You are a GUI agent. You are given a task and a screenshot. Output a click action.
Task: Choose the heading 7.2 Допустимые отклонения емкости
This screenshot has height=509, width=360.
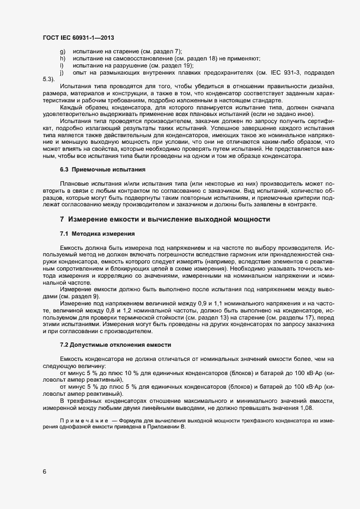pos(115,345)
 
